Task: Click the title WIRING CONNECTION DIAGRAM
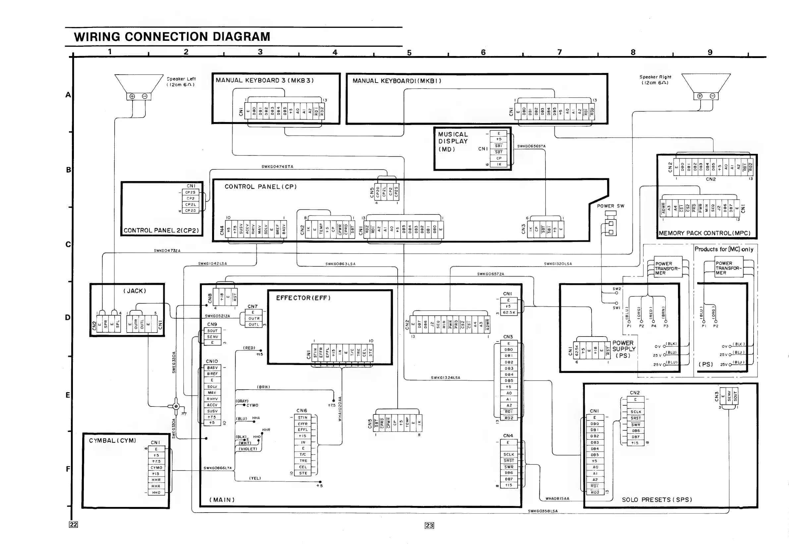tap(172, 37)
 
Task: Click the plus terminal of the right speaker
tap(700, 96)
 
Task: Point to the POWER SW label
tap(610, 206)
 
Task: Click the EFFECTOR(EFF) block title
tap(303, 298)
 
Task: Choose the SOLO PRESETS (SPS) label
tap(657, 500)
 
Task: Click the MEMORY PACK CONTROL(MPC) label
tap(704, 233)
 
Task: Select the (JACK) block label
tap(135, 291)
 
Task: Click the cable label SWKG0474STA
tap(277, 167)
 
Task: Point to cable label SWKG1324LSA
tap(445, 378)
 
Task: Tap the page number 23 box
tap(429, 525)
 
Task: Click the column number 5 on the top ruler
tap(409, 53)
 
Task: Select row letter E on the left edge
tap(68, 395)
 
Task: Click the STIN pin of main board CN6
tap(303, 417)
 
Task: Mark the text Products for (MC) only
tap(724, 249)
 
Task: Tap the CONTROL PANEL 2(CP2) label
tap(161, 230)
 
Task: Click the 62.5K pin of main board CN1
tap(509, 313)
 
